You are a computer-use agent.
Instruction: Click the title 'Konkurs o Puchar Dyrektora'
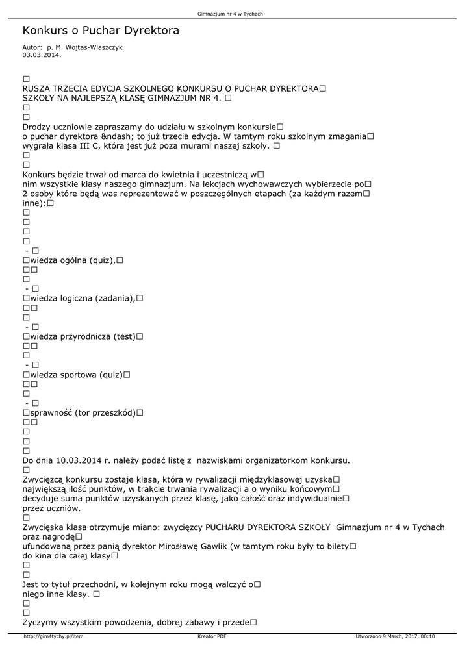click(101, 31)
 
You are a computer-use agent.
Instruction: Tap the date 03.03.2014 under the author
click(42, 55)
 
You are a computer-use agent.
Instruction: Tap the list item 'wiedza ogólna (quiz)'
click(73, 260)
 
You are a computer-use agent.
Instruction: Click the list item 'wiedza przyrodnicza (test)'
click(83, 336)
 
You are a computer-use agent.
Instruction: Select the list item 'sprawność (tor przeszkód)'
click(83, 413)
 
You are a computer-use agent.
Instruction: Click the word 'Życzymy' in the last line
click(45, 622)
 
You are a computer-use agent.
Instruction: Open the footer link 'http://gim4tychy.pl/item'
click(53, 636)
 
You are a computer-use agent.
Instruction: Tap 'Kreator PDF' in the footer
click(212, 636)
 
